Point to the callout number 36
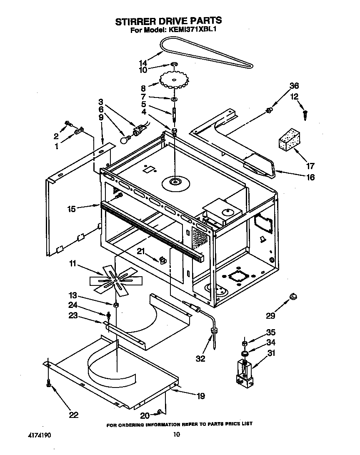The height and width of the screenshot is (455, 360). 294,86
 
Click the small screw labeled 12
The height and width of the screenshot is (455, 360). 306,112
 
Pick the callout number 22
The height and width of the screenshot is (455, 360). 73,415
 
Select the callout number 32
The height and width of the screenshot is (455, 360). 200,358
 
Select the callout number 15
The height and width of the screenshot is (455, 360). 71,209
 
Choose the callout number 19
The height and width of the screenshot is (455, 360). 200,396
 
